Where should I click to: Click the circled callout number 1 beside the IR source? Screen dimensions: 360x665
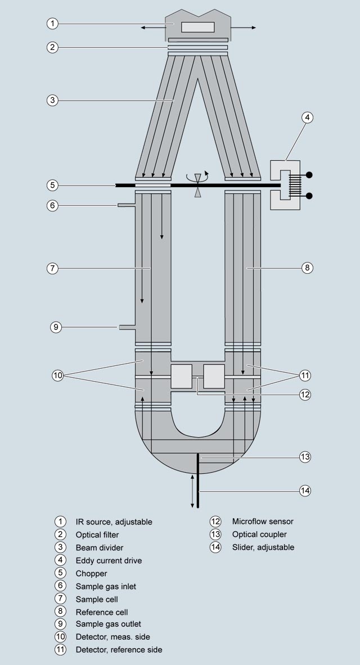click(x=52, y=23)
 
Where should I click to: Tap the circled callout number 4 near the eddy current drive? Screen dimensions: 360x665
click(x=307, y=117)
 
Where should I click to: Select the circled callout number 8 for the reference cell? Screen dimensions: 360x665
click(x=307, y=268)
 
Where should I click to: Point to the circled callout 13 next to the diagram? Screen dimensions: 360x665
click(x=305, y=457)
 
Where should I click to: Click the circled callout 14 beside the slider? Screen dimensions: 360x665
click(x=305, y=491)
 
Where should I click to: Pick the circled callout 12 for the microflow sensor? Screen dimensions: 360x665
click(x=305, y=395)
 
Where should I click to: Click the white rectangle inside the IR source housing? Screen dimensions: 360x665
click(x=198, y=27)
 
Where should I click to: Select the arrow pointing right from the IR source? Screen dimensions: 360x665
click(x=243, y=28)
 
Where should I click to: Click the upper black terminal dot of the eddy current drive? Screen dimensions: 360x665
click(x=309, y=175)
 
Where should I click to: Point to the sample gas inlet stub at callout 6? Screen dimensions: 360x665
click(x=126, y=205)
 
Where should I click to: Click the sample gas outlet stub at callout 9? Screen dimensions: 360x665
click(x=127, y=327)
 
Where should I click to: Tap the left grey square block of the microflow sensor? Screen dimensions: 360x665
click(x=181, y=376)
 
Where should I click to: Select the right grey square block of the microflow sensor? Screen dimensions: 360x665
click(x=214, y=376)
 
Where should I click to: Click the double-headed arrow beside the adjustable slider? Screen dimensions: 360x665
click(x=192, y=491)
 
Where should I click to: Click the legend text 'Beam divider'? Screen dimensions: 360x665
click(x=100, y=548)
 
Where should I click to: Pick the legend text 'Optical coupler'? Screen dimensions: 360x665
click(x=259, y=535)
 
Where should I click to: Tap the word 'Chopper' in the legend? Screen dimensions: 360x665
click(x=91, y=573)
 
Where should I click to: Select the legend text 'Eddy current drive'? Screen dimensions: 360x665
click(x=109, y=560)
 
